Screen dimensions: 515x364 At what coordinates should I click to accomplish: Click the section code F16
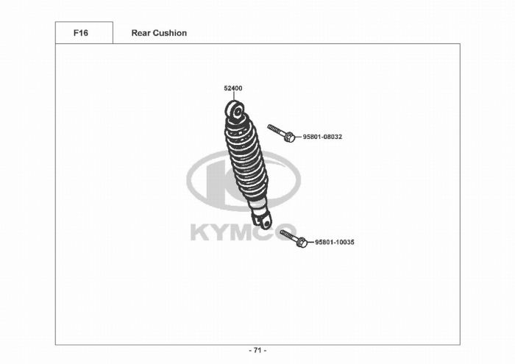pyautogui.click(x=80, y=33)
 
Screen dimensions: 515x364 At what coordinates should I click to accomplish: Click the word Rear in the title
pyautogui.click(x=141, y=33)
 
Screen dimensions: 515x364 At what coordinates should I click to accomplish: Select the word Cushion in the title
pyautogui.click(x=170, y=33)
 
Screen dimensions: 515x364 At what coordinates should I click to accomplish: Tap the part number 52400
pyautogui.click(x=233, y=88)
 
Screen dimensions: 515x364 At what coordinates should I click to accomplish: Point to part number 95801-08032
pyautogui.click(x=322, y=137)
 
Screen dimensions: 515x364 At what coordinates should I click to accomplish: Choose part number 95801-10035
pyautogui.click(x=335, y=242)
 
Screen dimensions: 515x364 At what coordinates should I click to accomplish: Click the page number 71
pyautogui.click(x=257, y=350)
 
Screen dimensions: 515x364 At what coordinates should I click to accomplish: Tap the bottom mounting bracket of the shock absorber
pyautogui.click(x=263, y=219)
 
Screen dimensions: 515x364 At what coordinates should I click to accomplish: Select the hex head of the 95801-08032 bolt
pyautogui.click(x=289, y=137)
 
